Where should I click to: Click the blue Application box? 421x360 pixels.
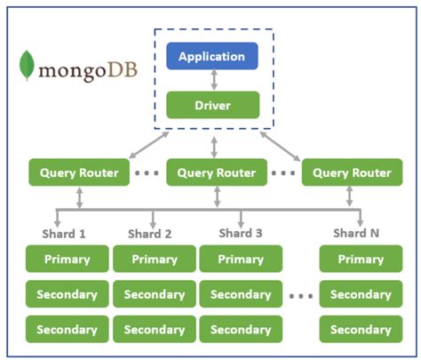212,56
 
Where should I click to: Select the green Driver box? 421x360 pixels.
213,105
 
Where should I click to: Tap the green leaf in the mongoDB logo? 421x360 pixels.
27,66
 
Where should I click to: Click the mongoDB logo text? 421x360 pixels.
88,71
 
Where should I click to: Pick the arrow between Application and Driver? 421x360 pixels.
214,80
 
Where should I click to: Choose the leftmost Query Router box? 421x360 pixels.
79,172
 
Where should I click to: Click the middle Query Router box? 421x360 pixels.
217,172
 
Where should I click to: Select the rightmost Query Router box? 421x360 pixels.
352,172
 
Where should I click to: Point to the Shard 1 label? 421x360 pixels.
64,234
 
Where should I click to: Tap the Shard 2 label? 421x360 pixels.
149,234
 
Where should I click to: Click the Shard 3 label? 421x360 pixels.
241,233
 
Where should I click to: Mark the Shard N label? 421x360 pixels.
356,233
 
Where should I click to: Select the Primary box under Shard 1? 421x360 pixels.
68,259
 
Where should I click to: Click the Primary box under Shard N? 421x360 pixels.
361,259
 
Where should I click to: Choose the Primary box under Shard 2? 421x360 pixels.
155,259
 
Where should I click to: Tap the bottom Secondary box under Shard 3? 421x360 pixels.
241,329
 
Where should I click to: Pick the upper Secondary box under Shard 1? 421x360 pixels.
68,294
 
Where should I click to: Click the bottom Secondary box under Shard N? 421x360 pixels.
361,329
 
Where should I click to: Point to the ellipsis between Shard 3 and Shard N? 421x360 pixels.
301,296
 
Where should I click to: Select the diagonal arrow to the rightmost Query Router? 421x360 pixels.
280,147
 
